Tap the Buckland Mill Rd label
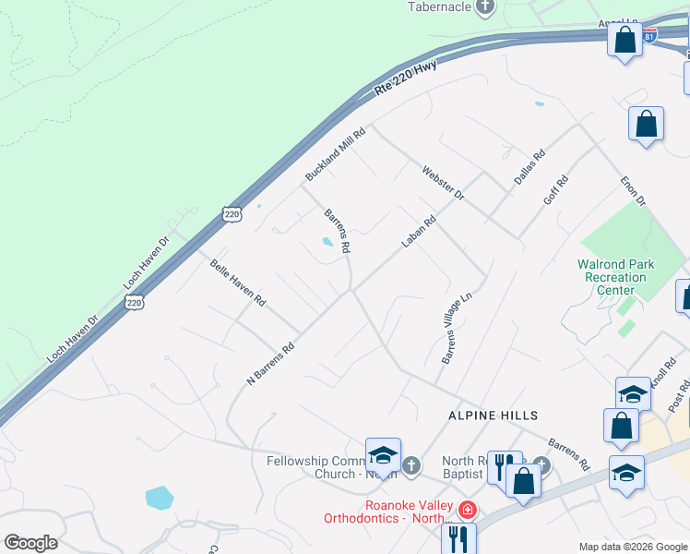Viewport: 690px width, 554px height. (336, 153)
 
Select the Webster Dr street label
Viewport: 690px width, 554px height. (443, 184)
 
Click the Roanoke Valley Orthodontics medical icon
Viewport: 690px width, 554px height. (469, 509)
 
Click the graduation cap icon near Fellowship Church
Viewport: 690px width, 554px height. (383, 456)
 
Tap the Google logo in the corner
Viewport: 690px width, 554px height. (30, 543)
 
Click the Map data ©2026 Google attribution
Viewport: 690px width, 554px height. (633, 547)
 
